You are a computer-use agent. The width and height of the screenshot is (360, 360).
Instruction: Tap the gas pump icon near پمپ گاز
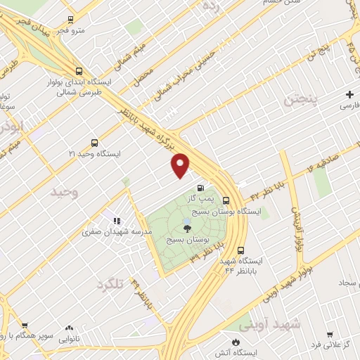click(x=202, y=188)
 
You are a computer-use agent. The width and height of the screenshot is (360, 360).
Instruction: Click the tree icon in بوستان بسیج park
click(x=187, y=226)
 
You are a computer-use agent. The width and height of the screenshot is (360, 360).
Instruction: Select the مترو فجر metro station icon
click(x=70, y=20)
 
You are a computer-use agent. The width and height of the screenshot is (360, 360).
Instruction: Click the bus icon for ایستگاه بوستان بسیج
click(x=226, y=199)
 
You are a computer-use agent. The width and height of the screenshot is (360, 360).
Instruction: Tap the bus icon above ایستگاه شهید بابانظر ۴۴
click(x=241, y=249)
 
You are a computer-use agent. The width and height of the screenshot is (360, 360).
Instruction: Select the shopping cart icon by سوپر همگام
click(x=25, y=326)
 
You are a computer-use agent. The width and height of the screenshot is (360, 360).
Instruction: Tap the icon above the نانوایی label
click(x=69, y=327)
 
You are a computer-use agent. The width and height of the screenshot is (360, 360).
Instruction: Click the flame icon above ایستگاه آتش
click(x=236, y=340)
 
